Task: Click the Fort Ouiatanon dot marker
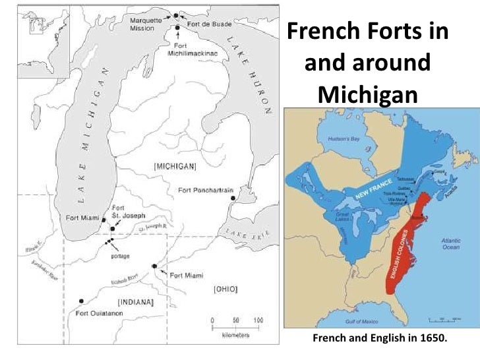[x=81, y=301]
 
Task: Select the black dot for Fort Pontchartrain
[x=232, y=198]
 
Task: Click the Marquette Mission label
[x=146, y=24]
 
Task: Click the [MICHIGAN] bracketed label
[x=173, y=167]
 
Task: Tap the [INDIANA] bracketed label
[x=135, y=303]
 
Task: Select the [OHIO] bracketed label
[x=225, y=289]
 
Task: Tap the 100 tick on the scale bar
[x=258, y=320]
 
